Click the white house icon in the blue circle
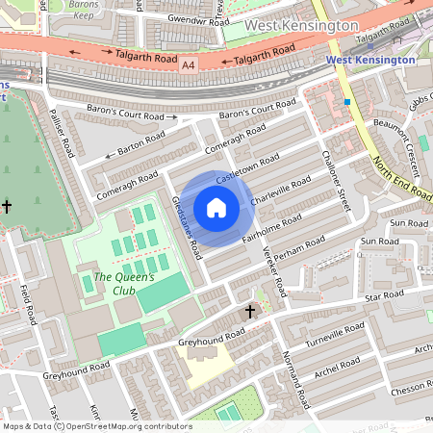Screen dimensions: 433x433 point(216,207)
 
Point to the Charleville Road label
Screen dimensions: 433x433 point(281,190)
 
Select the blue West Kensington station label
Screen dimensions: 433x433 point(369,60)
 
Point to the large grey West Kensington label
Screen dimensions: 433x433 point(301,24)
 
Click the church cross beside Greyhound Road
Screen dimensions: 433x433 point(250,312)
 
